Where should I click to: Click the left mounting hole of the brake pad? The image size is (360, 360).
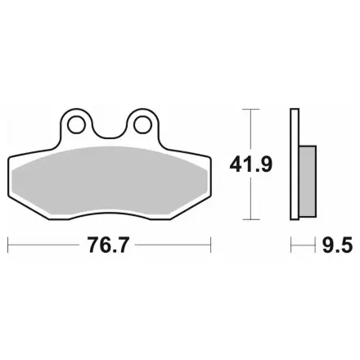coord(76,125)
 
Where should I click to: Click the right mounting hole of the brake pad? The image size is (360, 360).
coord(142,125)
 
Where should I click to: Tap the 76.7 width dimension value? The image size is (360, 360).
coord(107,245)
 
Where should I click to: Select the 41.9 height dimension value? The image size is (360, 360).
coord(250,164)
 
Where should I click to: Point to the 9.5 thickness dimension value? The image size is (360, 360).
coord(337,245)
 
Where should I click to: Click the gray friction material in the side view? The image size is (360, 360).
coord(308,182)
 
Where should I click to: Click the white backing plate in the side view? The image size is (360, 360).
coord(295,164)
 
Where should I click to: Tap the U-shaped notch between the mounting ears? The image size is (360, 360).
coord(110,131)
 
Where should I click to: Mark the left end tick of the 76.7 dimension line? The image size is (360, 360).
coord(8,245)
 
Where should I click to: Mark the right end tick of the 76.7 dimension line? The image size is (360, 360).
coord(210,245)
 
